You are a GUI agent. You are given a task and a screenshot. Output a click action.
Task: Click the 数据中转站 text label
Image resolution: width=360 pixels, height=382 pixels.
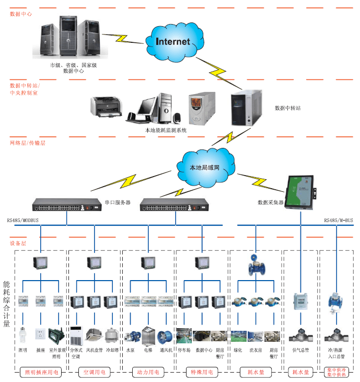coord(288,109)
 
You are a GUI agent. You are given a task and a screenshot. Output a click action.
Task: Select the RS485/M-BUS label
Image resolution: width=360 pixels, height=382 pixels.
coord(338,221)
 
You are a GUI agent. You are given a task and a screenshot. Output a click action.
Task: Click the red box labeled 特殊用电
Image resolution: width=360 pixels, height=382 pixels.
coord(202,373)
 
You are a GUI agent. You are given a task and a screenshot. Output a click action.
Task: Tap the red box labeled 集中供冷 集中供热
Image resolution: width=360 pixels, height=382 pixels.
coord(336,373)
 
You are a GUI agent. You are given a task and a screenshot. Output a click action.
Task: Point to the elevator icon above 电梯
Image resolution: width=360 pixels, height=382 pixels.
coord(148,335)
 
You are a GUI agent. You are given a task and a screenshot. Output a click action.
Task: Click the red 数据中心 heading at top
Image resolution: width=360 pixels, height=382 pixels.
coord(21,14)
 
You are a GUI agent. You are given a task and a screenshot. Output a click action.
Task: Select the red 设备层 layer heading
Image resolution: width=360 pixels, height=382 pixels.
coord(18,243)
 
